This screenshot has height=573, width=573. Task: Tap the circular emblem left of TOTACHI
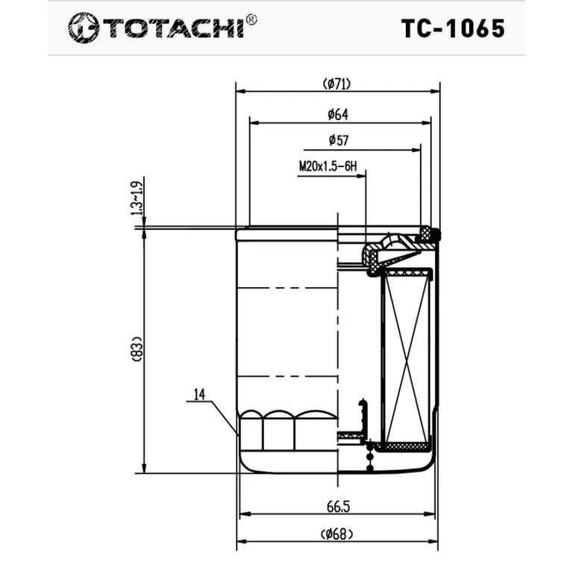tap(84, 28)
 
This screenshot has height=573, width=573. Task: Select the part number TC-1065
tap(453, 28)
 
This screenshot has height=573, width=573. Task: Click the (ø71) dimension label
tap(337, 84)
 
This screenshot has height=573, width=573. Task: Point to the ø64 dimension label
tap(338, 114)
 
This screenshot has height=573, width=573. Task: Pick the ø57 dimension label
tap(338, 140)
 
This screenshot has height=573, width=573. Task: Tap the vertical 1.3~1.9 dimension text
tap(137, 198)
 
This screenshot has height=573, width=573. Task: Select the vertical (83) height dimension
tap(136, 350)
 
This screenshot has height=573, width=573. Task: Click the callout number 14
tap(198, 395)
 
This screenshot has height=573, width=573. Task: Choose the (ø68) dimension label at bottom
tap(337, 533)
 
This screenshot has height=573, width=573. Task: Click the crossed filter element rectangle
tap(407, 357)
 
